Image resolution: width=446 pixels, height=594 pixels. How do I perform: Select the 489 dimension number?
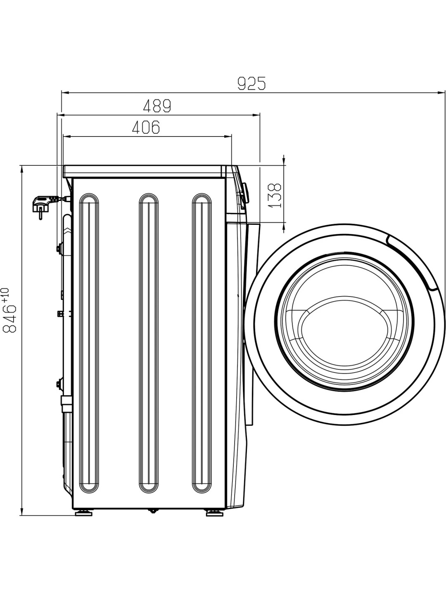coord(157,106)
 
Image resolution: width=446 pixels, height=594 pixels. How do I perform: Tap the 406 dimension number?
coord(146,127)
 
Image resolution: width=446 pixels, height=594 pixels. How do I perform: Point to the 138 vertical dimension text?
coord(275,196)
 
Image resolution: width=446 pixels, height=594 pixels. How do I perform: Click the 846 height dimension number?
coord(9,318)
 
